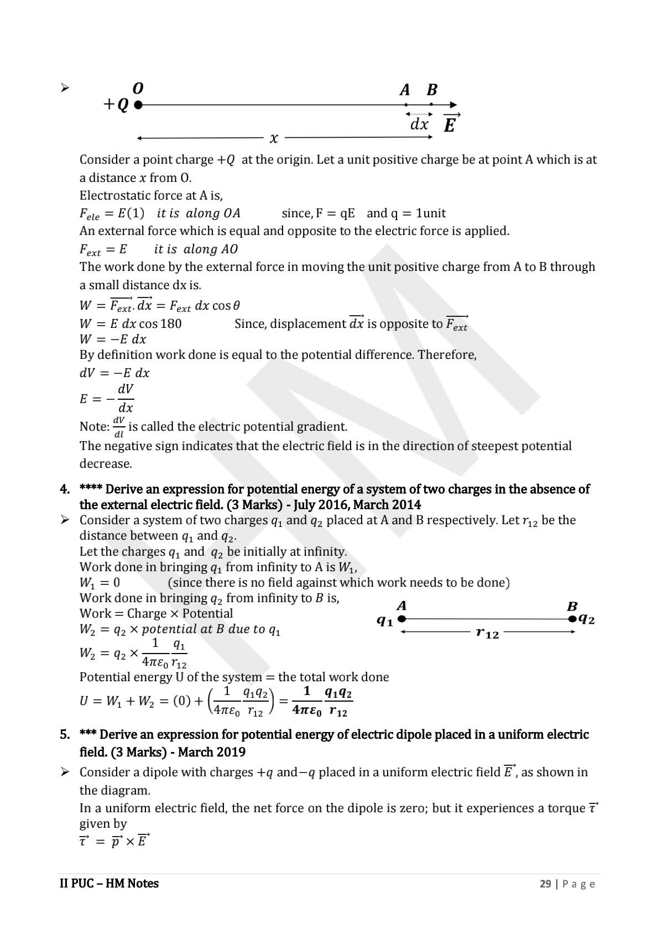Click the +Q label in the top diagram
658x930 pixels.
click(117, 105)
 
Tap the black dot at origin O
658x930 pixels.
click(138, 104)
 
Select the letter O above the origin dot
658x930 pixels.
click(138, 88)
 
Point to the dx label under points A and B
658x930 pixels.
click(419, 124)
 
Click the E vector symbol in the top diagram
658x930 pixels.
click(450, 124)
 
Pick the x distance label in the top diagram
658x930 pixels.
click(273, 138)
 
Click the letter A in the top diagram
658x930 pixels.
click(405, 90)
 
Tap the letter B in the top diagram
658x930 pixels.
click(432, 90)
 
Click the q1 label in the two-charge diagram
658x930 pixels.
click(385, 621)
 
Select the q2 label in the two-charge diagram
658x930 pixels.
click(586, 619)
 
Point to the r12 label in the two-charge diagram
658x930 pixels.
click(487, 633)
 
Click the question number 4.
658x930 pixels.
click(65, 489)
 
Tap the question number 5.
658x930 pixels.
click(65, 735)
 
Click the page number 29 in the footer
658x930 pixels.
click(545, 884)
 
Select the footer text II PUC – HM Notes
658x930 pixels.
click(109, 884)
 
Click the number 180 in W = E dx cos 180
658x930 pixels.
click(171, 324)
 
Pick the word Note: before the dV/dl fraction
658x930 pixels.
click(95, 427)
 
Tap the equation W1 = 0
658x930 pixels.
click(100, 583)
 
